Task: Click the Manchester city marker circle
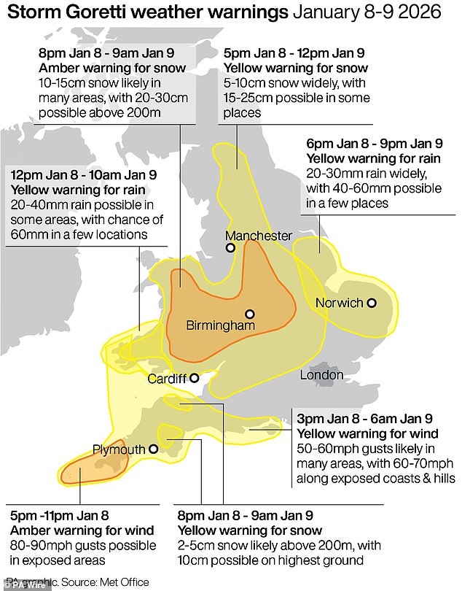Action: tap(230, 248)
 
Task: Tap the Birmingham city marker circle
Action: tap(250, 312)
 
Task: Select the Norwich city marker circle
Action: tap(372, 303)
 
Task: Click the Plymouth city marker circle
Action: tap(153, 449)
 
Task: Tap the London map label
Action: tap(321, 375)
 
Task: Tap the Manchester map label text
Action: tap(258, 236)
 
